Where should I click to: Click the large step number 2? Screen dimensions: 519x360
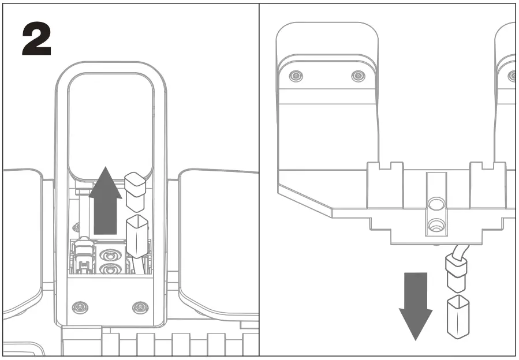[x=36, y=40]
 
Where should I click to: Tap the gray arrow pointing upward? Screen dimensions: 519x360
[x=105, y=199]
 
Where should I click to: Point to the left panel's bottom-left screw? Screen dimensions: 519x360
[x=80, y=306]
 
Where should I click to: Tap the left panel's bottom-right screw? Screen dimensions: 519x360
[x=140, y=306]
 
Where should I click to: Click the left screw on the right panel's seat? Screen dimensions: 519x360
[x=296, y=76]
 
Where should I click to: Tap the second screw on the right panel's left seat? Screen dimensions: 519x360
[x=358, y=76]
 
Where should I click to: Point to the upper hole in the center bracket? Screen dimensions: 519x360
[x=436, y=204]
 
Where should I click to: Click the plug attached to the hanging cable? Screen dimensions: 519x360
[x=454, y=274]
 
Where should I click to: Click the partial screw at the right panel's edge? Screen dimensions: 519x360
[x=513, y=76]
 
